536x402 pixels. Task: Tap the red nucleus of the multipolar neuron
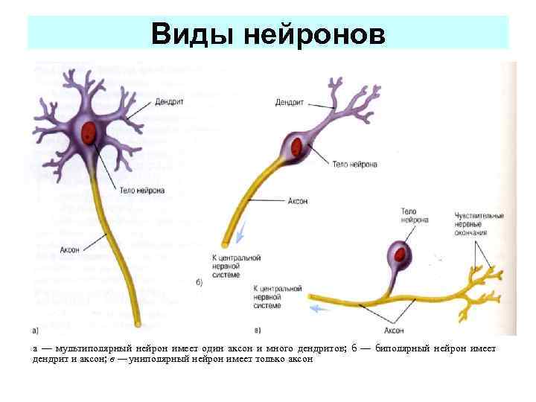(89, 132)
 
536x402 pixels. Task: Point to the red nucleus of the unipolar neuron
(402, 255)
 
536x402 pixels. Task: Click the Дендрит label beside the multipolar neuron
(171, 101)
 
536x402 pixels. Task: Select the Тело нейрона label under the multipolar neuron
(141, 191)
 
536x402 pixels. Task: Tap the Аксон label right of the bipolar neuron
(296, 201)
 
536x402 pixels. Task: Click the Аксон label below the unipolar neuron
(395, 328)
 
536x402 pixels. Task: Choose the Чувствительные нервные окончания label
(479, 224)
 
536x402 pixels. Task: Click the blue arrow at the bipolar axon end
(240, 237)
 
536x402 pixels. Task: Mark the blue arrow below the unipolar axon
(321, 307)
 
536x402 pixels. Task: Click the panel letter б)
(200, 284)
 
